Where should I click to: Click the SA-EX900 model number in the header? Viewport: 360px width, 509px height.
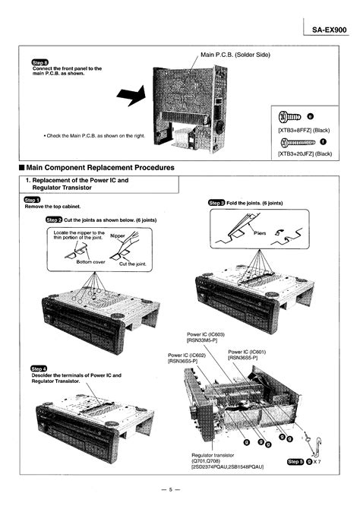tap(329, 30)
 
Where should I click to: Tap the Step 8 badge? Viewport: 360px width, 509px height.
tap(38, 62)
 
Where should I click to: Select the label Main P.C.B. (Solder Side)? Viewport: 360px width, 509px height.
tap(235, 55)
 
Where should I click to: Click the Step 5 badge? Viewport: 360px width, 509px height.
tap(293, 461)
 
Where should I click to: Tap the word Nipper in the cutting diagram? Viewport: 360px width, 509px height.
tap(118, 236)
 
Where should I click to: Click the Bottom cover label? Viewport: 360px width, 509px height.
tap(90, 261)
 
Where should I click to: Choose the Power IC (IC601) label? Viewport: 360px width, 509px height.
tap(248, 355)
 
